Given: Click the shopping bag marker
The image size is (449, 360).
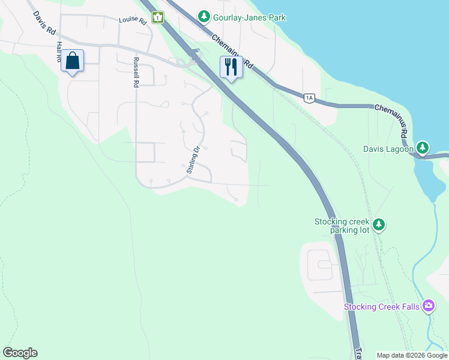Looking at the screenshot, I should coord(72,61).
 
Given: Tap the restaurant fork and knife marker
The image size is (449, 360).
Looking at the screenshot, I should coord(231,67).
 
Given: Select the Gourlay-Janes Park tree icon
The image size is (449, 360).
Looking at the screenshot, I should coord(204,17).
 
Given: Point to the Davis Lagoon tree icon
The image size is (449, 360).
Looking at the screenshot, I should coord(423,148).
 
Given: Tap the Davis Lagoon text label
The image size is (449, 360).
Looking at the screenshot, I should coord(388,149).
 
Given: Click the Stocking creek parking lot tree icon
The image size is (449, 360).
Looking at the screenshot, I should coord(378,225).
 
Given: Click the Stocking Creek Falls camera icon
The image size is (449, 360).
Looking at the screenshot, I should coord(428,307).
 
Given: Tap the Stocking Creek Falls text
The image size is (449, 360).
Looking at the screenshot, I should coord(382,307).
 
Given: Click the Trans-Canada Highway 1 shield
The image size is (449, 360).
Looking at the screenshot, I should coord(158,17).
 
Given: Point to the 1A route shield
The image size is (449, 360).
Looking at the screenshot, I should coord(309,98).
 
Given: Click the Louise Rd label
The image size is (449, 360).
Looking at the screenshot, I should coord(133,20).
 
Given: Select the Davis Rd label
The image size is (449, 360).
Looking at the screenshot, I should coord(44,23).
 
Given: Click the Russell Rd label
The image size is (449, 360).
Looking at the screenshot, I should coord(136,73).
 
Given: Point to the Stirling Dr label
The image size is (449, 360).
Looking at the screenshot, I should coord(192,159).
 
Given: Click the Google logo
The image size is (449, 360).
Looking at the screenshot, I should coord(20,353).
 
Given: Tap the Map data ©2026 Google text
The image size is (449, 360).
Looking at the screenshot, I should coord(411,355).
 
